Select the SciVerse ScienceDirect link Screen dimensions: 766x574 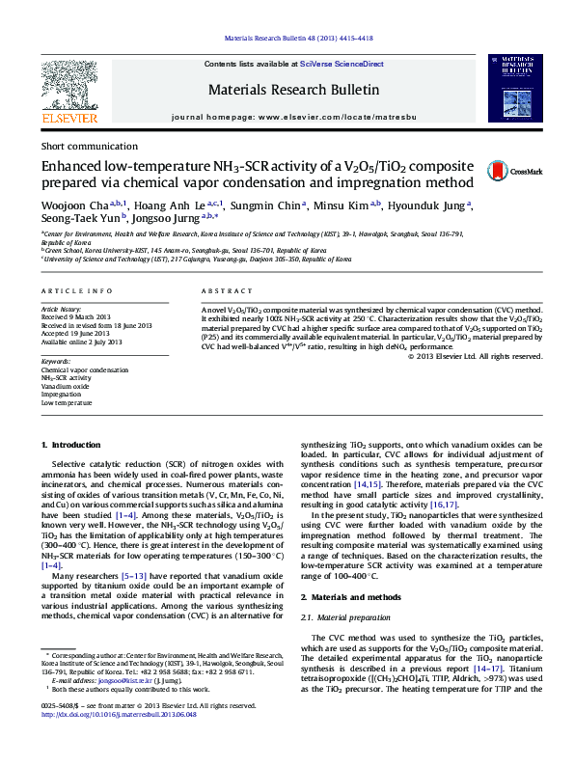[x=342, y=65]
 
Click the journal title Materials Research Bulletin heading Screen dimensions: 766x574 [x=293, y=91]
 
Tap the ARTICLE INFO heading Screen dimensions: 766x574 [x=70, y=290]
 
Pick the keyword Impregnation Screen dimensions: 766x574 [x=62, y=394]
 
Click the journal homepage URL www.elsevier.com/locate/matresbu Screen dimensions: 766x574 [x=332, y=116]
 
